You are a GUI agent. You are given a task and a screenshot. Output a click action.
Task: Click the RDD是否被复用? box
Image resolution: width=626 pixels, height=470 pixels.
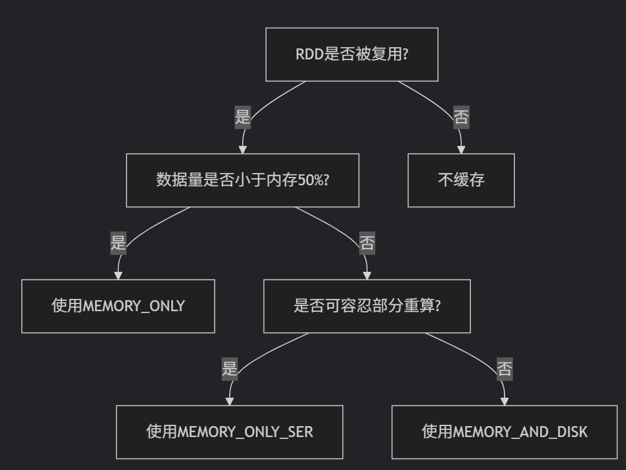pos(351,54)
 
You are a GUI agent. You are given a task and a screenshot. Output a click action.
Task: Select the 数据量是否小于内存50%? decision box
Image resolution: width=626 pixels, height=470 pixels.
pos(242,180)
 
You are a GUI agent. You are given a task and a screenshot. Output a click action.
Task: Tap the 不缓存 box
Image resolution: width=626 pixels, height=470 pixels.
pos(461,180)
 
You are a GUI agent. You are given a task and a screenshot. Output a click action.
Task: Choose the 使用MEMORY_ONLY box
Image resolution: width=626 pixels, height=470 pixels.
pos(118,306)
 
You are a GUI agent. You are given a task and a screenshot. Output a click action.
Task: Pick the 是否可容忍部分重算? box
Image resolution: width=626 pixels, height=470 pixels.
pos(367,306)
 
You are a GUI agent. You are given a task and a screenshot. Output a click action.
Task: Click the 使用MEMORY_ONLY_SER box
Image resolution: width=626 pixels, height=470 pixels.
pos(229,432)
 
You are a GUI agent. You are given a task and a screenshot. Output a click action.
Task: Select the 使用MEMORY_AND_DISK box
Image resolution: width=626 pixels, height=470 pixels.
pos(505,432)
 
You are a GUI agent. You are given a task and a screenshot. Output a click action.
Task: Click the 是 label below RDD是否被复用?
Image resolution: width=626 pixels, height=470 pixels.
pos(242,117)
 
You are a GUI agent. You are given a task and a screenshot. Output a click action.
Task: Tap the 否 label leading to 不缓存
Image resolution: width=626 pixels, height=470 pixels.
pos(461,117)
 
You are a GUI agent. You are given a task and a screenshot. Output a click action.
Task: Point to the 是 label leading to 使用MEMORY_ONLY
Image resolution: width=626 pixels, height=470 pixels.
pos(118,243)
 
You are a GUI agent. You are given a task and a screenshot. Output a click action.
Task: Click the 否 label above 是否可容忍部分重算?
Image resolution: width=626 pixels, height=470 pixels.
pos(367,243)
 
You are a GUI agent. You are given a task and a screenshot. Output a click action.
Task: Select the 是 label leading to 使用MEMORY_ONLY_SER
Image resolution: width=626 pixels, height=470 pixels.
pos(229,369)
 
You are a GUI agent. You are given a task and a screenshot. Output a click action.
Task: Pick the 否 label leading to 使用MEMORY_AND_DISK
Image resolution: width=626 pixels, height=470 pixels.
pos(505,369)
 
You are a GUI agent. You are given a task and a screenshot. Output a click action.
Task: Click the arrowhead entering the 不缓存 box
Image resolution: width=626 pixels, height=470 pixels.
pos(461,150)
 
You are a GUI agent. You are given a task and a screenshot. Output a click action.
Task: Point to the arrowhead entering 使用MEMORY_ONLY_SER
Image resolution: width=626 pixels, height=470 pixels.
pos(229,402)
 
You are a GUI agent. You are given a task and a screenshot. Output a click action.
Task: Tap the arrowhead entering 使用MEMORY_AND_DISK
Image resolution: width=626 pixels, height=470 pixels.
pos(505,402)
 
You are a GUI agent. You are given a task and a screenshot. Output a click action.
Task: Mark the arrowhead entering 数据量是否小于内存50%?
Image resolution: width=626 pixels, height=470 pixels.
pos(242,150)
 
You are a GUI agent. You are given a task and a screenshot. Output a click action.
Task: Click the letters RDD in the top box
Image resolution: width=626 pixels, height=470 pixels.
pos(309,54)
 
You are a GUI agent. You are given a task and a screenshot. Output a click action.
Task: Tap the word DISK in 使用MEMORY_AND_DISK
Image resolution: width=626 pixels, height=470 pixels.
pos(571,432)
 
